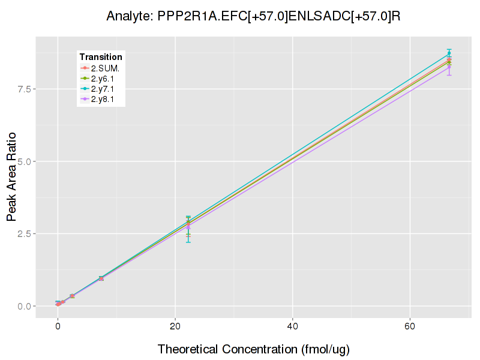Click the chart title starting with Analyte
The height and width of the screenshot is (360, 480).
(253, 16)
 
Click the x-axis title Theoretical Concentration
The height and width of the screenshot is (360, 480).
(253, 349)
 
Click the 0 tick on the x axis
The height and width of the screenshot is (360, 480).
(58, 327)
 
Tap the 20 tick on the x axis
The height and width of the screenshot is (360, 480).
(175, 327)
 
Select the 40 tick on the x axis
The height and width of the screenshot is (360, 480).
(292, 327)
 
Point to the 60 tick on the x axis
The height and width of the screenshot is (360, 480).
(410, 327)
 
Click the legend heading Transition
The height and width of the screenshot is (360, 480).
(101, 57)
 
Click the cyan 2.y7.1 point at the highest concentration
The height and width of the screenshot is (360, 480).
(449, 53)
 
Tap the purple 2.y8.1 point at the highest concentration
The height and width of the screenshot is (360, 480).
(449, 67)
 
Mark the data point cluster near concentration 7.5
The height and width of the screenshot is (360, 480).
(101, 278)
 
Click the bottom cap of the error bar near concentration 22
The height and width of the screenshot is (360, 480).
(188, 242)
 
